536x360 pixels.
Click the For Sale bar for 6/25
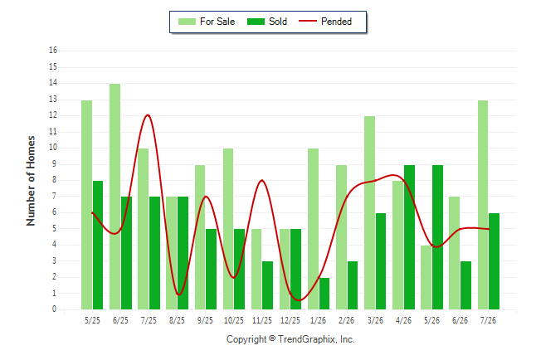point(115,197)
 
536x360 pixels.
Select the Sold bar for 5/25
point(98,246)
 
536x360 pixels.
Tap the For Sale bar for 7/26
point(483,205)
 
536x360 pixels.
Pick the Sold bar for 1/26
point(324,294)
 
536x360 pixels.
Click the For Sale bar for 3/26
point(369,212)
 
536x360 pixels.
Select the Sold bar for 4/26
point(409,237)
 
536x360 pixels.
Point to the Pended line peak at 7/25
point(148,115)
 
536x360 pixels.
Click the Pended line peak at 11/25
point(262,180)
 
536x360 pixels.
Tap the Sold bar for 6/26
point(465,285)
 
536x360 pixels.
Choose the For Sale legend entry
point(207,22)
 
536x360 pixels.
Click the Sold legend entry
point(267,22)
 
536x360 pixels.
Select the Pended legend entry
point(325,22)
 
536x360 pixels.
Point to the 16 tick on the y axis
point(53,51)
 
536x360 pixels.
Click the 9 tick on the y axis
point(55,164)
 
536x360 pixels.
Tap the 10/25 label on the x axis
point(234,320)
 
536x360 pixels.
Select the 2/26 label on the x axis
point(346,320)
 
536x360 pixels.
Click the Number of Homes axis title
point(31,181)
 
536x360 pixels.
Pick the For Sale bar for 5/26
point(426,278)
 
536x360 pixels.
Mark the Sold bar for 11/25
point(268,285)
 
